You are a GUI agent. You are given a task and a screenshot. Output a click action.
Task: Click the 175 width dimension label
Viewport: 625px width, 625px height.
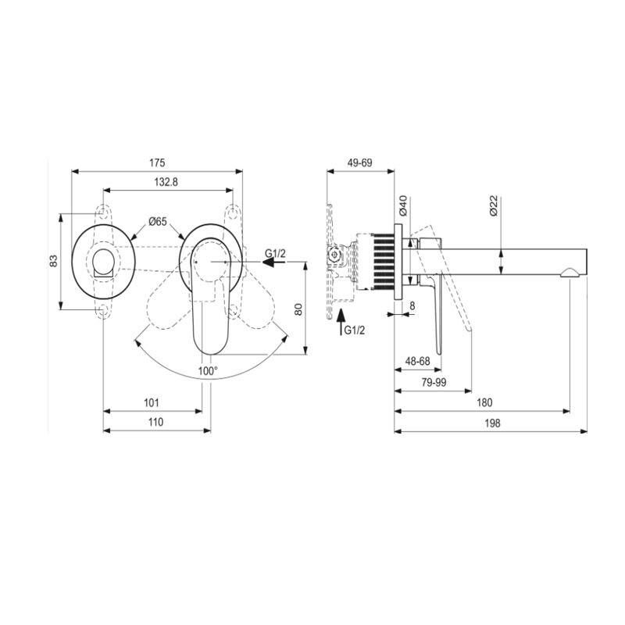click(157, 163)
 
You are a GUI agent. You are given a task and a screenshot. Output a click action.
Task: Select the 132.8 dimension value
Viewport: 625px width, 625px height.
click(166, 182)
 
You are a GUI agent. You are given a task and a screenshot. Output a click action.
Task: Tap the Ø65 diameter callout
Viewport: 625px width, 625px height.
click(158, 222)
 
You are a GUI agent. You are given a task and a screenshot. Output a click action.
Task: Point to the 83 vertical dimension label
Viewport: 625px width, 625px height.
click(54, 261)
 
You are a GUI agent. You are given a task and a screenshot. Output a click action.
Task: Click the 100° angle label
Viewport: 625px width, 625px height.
click(208, 371)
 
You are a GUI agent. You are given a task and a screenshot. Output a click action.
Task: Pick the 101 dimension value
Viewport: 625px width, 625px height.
click(152, 402)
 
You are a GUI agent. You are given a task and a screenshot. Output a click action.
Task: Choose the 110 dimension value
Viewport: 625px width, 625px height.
click(155, 422)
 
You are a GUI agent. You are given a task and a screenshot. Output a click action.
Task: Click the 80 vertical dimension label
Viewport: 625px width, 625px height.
click(298, 309)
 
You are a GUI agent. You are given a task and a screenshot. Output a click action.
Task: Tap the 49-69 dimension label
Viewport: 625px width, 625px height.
click(360, 163)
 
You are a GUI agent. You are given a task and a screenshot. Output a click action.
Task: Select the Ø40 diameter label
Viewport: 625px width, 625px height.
click(403, 205)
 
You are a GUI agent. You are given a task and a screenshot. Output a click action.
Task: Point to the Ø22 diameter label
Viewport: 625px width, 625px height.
click(494, 205)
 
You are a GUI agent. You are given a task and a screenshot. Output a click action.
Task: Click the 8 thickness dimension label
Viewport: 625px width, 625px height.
click(412, 305)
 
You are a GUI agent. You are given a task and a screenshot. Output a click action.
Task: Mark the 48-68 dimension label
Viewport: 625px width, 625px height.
click(417, 361)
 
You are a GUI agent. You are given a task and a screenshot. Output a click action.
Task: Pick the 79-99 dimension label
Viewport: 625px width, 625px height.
click(434, 383)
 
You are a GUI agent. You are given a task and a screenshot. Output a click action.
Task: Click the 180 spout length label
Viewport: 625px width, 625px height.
click(484, 402)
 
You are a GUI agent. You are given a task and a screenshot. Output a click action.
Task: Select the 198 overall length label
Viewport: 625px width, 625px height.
click(492, 423)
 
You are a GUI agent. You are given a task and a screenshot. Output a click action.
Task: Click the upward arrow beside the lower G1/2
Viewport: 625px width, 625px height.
click(341, 322)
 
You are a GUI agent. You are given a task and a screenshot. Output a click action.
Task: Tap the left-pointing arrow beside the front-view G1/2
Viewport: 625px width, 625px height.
click(273, 262)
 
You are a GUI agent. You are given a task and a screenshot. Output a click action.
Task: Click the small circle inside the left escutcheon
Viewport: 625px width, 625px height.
click(103, 262)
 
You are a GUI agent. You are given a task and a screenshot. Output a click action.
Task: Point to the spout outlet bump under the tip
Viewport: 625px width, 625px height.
click(570, 273)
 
